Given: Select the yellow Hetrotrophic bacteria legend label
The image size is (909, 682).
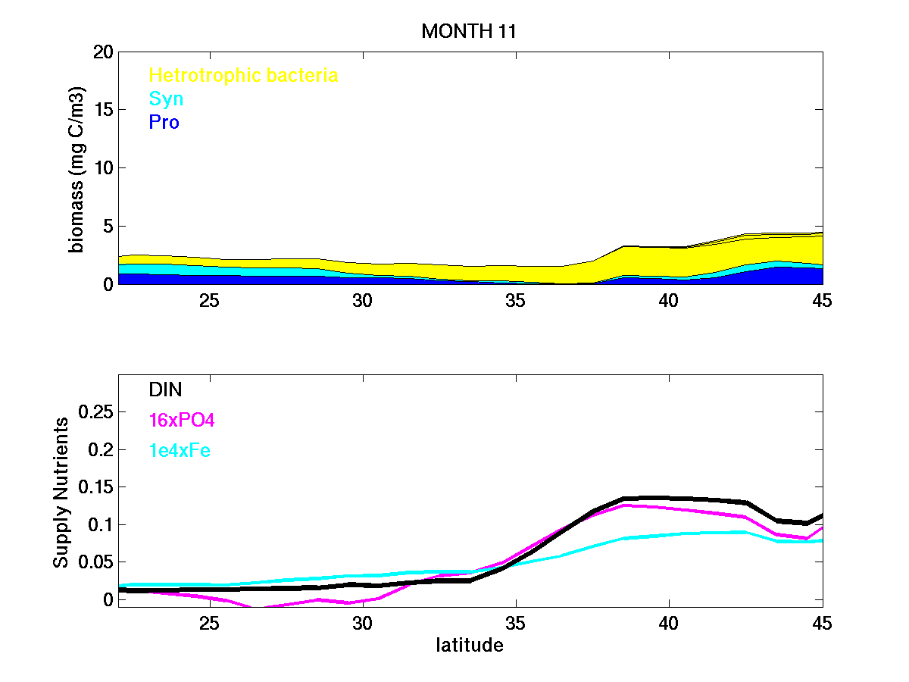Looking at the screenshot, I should point(243,75).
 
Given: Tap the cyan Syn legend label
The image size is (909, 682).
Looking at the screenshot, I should point(166,99).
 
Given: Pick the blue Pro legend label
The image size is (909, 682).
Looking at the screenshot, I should point(164,122).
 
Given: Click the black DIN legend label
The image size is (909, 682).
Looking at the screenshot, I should point(165,389).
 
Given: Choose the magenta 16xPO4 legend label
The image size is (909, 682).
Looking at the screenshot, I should point(183,420).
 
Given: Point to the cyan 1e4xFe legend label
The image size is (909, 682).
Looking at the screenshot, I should point(180,451).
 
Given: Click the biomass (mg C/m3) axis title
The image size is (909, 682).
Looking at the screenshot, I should point(77,168).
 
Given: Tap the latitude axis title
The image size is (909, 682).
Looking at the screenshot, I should point(470,646).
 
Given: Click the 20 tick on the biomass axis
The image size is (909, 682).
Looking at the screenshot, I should point(104,52).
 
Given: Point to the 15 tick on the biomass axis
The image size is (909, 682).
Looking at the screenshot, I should point(104,111).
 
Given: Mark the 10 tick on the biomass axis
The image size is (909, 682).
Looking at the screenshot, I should point(104,168).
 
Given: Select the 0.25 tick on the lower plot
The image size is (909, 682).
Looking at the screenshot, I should point(95,411).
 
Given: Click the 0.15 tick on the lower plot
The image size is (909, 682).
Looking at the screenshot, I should point(95,486).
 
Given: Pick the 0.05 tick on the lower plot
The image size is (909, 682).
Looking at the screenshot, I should point(95,562).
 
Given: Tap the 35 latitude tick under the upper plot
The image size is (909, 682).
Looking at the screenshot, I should point(515,300).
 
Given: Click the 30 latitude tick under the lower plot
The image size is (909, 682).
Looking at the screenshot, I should point(362,623).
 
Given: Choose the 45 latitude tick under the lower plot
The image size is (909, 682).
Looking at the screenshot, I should point(821,623).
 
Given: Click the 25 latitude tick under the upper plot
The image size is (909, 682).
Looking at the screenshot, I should point(209,300).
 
